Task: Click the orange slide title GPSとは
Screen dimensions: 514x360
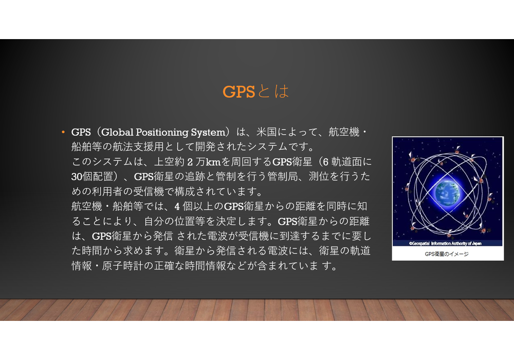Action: pos(255,92)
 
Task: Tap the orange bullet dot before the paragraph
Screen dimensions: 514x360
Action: pos(63,132)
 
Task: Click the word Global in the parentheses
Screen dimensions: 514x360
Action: pos(117,132)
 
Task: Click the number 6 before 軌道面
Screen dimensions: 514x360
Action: pos(325,161)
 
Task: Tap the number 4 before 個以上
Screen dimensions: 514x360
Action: pos(177,206)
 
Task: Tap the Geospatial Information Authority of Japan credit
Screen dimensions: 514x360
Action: pos(445,243)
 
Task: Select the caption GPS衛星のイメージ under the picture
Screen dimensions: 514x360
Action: pos(447,254)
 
